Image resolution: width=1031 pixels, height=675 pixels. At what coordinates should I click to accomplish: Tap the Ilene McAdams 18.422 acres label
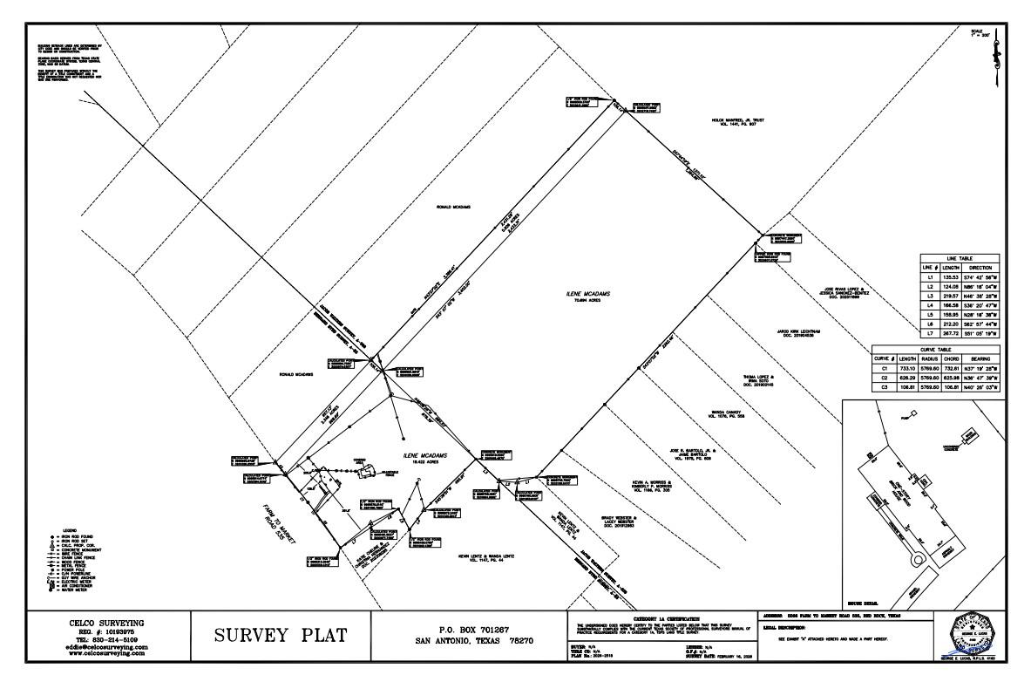point(419,456)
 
